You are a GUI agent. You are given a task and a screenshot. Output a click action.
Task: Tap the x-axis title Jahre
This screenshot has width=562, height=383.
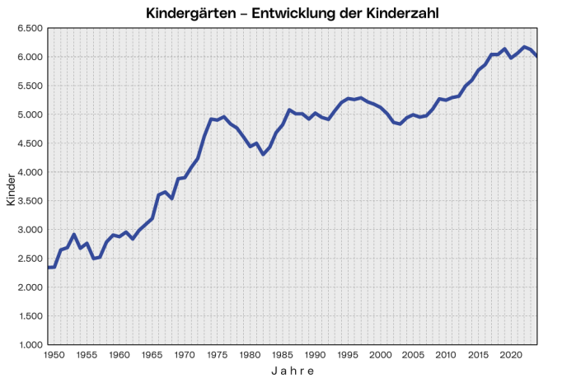293,371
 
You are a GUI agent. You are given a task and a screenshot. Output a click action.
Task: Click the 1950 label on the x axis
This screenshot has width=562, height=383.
54,355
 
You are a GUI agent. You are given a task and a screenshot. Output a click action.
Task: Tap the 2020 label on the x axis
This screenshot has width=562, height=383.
511,355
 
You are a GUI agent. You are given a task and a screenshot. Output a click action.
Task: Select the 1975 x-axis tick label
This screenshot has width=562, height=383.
217,355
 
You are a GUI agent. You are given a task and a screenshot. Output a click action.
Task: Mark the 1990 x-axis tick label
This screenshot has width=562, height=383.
315,355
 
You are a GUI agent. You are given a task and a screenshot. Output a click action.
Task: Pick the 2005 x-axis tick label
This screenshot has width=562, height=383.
413,355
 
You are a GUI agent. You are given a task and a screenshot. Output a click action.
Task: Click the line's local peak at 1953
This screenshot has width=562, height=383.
74,235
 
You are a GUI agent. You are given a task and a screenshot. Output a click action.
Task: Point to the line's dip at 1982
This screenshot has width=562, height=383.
263,155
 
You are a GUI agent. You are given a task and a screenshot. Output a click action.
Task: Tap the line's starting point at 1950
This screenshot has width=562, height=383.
48,267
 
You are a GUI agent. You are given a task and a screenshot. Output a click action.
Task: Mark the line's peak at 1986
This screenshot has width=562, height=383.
289,110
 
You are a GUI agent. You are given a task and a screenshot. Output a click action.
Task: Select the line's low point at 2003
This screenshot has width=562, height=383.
400,124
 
